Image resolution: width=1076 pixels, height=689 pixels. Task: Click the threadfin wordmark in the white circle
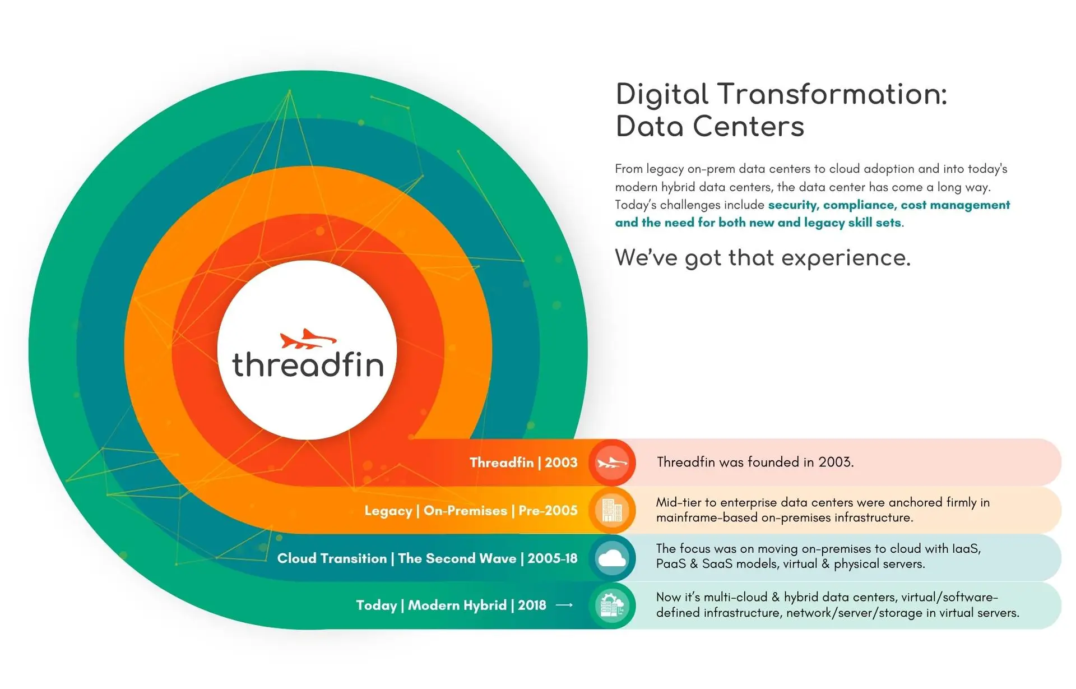tap(308, 364)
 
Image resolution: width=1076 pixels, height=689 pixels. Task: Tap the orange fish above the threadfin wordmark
tap(308, 339)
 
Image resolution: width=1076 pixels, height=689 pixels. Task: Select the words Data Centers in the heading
tap(709, 126)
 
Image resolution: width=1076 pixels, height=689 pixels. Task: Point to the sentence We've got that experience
tap(763, 258)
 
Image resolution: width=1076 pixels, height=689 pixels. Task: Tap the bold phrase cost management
tap(956, 205)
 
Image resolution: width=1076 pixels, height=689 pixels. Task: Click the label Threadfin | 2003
tap(523, 463)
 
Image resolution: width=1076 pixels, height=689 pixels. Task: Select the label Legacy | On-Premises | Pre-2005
tap(471, 511)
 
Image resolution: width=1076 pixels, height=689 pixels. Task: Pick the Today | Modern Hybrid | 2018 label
tap(451, 605)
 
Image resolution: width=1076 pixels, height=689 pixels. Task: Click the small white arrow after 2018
tap(564, 605)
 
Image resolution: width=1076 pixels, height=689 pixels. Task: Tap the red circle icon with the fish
tap(612, 463)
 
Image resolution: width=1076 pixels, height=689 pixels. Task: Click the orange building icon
tap(612, 511)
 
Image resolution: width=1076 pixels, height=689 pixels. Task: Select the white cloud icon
tap(612, 558)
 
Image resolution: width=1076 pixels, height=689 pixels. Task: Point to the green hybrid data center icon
tap(612, 605)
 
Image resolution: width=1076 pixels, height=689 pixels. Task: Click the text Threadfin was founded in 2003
tap(755, 463)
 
